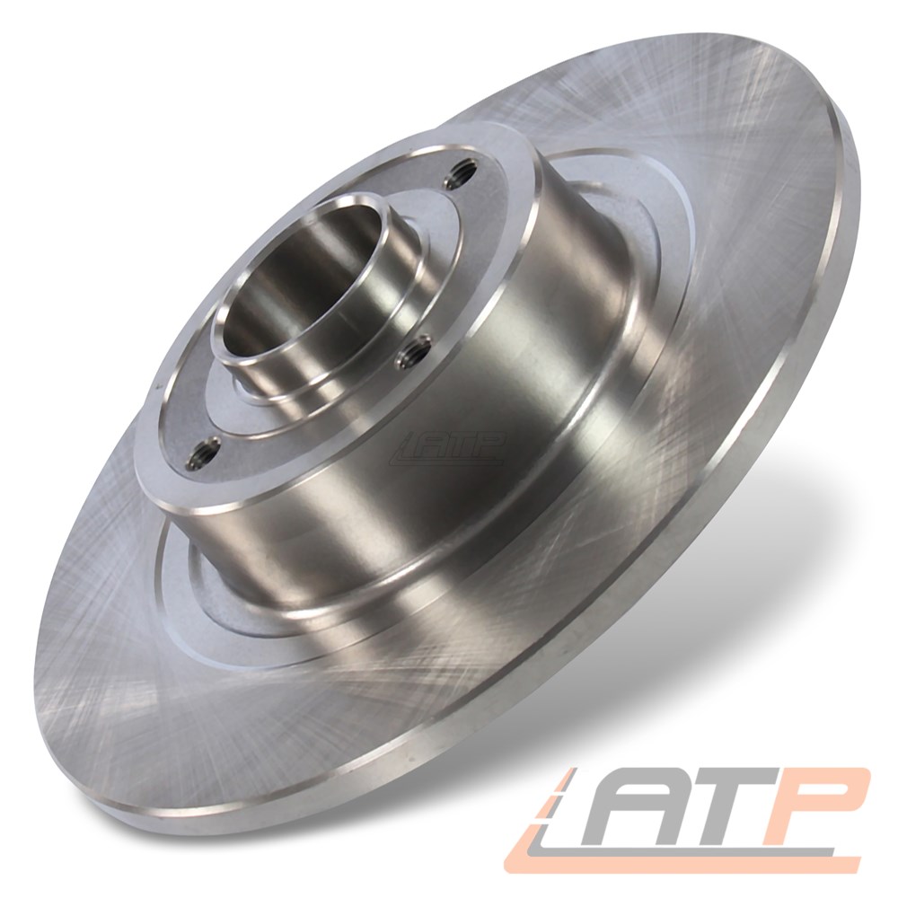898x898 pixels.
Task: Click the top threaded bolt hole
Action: [462, 171]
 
